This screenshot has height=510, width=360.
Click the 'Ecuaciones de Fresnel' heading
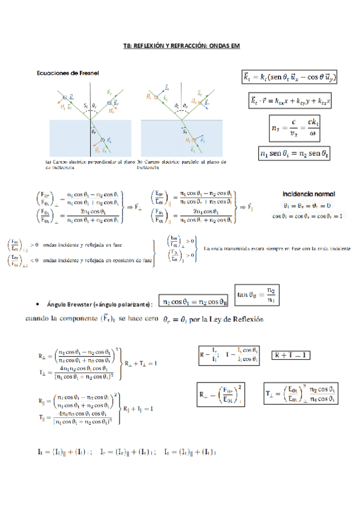click(74, 73)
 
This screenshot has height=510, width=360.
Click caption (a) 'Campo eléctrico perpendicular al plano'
click(90, 162)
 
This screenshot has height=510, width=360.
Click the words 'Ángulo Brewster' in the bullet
click(72, 305)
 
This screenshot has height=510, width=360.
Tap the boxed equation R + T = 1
click(291, 355)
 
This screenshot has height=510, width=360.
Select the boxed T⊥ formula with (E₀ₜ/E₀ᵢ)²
click(300, 395)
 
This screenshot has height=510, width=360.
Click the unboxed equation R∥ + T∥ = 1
click(142, 409)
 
